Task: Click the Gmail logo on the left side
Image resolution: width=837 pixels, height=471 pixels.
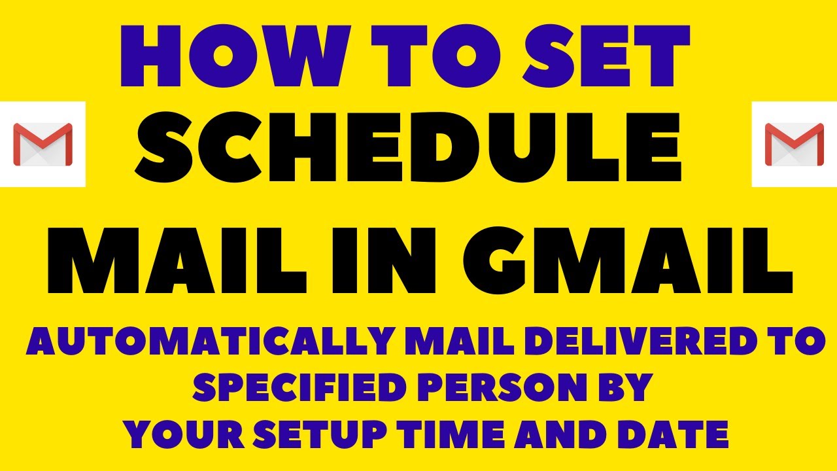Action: (x=43, y=144)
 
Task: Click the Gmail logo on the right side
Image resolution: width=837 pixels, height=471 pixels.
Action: (x=794, y=144)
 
